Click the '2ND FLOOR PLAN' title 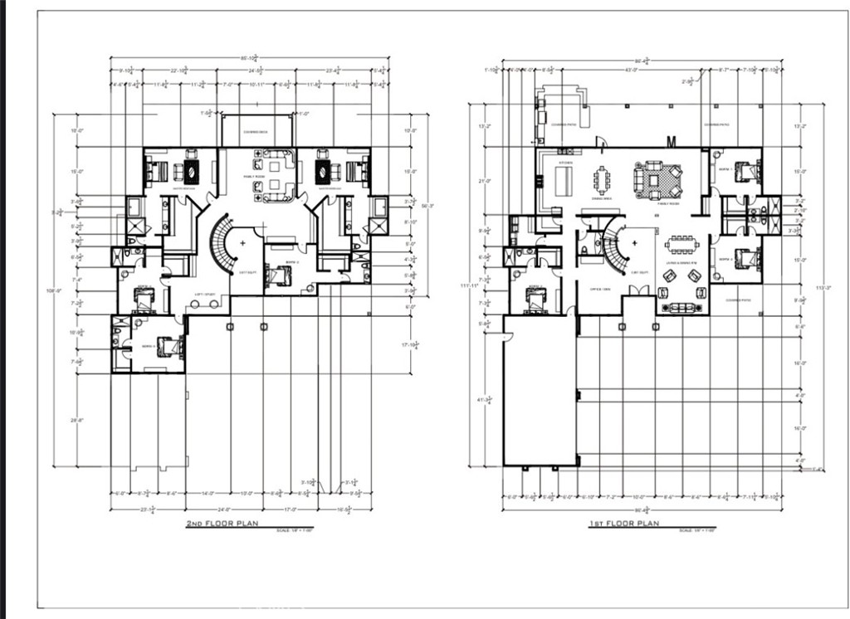coord(222,524)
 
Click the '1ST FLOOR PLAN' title coord(623,524)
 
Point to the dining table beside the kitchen coord(600,180)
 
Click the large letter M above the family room coord(670,139)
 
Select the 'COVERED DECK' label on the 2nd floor coord(255,132)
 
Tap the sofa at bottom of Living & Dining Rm coord(682,308)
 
